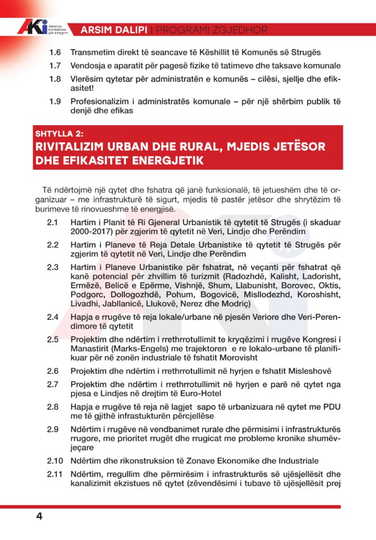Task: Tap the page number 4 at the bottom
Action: tap(39, 516)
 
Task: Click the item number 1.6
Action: tap(55, 53)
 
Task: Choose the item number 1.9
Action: tap(55, 101)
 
